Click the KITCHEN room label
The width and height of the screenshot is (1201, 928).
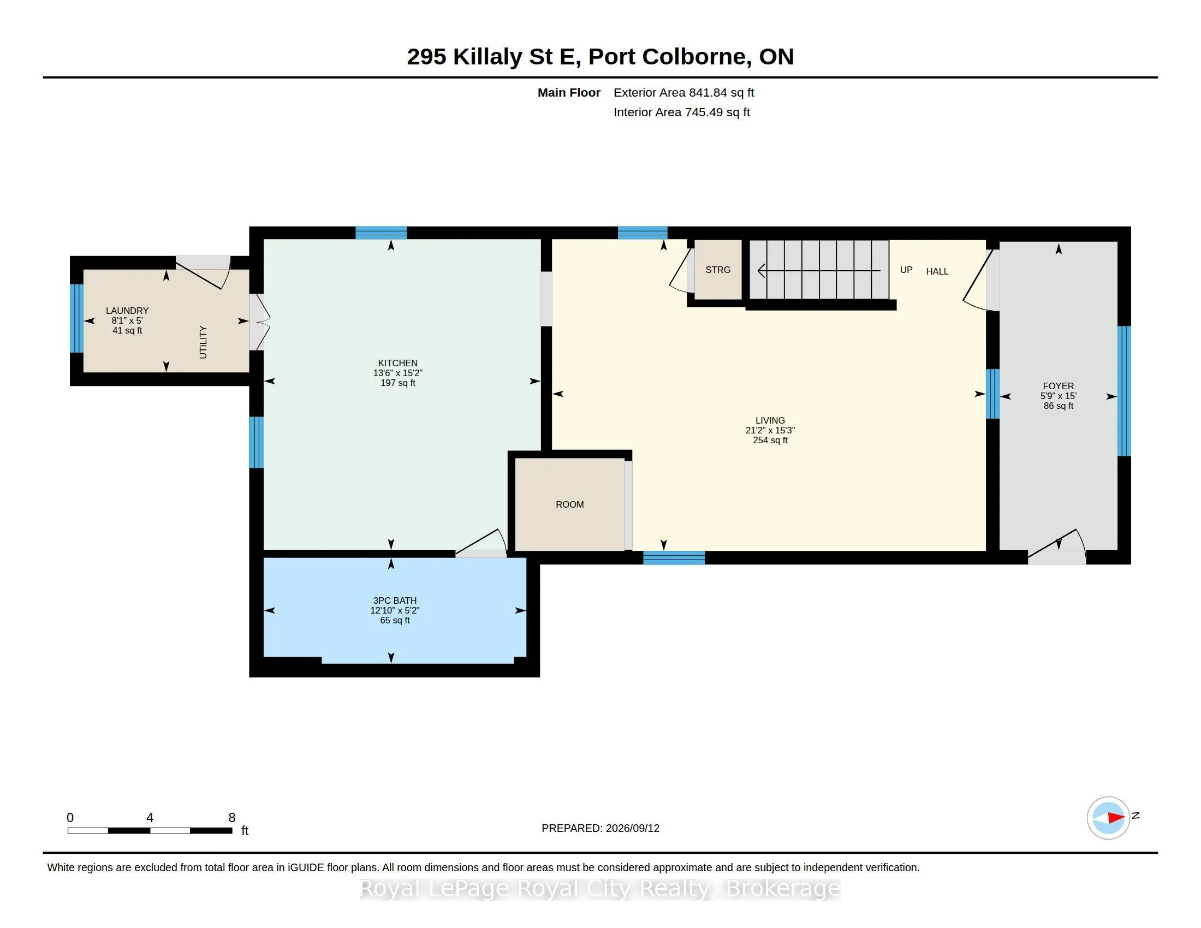397,363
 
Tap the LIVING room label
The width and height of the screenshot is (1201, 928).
770,420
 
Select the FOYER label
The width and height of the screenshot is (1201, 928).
1058,386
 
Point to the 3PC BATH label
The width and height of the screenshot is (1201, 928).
395,600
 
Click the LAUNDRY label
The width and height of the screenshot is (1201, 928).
127,311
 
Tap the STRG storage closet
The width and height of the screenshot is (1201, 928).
718,270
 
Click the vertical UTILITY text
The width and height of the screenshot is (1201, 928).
203,342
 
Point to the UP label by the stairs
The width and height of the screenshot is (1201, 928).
906,270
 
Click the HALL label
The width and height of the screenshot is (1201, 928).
937,271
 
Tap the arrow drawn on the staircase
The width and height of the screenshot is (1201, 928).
819,270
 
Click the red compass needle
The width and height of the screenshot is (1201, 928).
1116,818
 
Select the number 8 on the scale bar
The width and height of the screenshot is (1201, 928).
232,818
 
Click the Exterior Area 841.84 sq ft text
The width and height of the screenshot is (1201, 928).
683,92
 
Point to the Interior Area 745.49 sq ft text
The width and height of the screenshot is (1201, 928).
681,112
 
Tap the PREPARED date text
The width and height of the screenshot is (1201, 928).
600,828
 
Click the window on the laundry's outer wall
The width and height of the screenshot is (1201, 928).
76,318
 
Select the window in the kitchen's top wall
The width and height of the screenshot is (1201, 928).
381,233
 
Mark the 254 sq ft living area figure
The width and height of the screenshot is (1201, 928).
770,441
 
